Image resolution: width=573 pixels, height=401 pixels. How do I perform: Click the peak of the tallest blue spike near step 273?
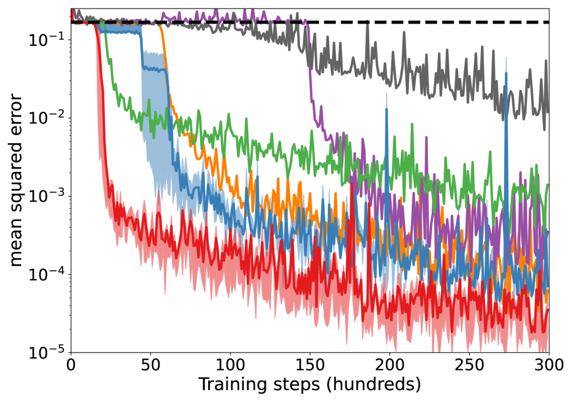tap(506, 73)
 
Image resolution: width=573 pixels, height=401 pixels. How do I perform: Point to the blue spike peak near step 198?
tap(386, 109)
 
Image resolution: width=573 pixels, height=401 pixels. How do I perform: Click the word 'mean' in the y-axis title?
tap(16, 244)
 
